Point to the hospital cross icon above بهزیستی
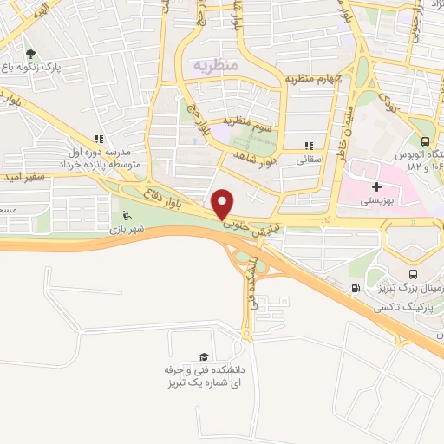click(375, 186)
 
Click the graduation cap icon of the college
click(204, 356)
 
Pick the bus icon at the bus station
click(424, 141)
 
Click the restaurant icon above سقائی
click(309, 146)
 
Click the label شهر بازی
click(127, 230)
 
